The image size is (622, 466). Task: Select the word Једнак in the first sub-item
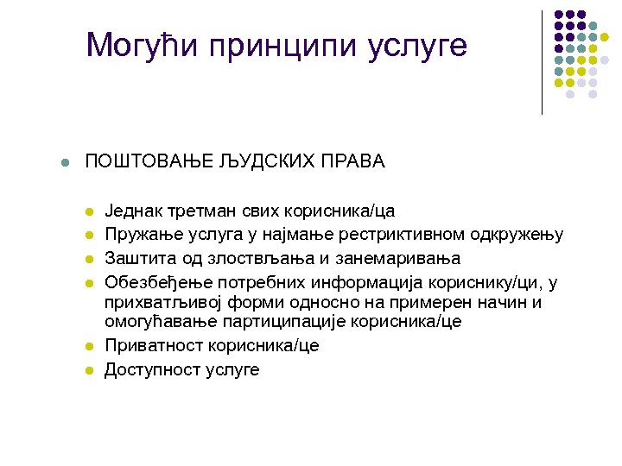click(x=130, y=211)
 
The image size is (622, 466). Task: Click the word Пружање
click(x=136, y=235)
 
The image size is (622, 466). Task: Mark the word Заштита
click(x=134, y=259)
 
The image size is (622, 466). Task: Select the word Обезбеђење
click(x=147, y=283)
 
